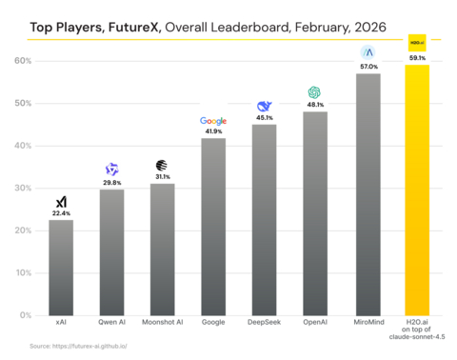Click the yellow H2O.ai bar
[416, 190]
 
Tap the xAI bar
[62, 267]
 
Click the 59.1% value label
[417, 57]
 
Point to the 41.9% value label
[213, 131]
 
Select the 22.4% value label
[62, 213]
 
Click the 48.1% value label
[315, 105]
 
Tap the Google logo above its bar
[213, 121]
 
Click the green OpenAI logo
[315, 92]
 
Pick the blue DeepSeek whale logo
[265, 107]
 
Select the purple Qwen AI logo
[112, 170]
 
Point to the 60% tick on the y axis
[22, 61]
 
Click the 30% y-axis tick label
[22, 189]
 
